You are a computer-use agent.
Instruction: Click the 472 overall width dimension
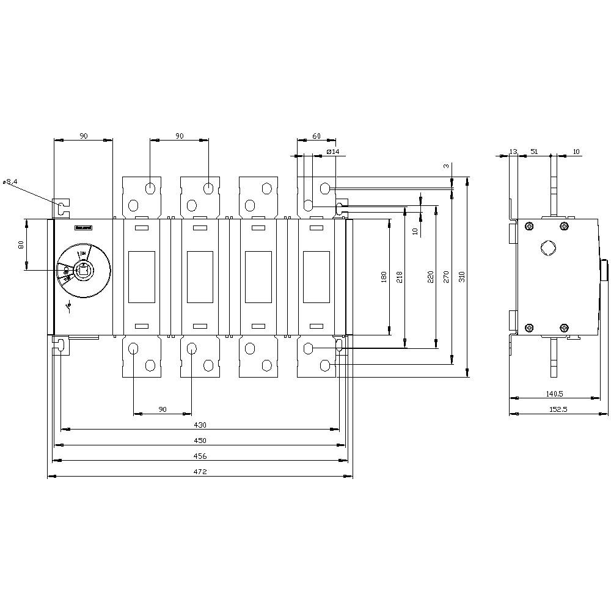(200, 472)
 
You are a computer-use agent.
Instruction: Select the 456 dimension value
(200, 456)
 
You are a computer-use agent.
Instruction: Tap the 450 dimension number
(200, 441)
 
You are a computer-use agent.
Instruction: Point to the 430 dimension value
(200, 425)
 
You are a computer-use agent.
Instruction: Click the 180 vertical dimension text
(384, 277)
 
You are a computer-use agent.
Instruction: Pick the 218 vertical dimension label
(400, 277)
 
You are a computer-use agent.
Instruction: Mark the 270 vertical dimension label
(446, 277)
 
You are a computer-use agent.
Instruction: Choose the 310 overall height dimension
(462, 277)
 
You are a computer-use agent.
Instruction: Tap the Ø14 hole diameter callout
(333, 151)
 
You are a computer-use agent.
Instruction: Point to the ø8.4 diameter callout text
(10, 181)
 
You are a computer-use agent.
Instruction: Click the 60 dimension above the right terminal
(316, 136)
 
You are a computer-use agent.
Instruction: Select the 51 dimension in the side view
(534, 151)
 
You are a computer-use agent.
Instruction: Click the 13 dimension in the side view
(513, 151)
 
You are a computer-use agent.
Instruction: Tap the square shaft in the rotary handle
(82, 269)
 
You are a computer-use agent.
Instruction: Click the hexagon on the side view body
(547, 249)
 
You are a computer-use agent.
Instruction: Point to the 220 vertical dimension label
(430, 277)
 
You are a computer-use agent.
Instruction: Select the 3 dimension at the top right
(446, 166)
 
